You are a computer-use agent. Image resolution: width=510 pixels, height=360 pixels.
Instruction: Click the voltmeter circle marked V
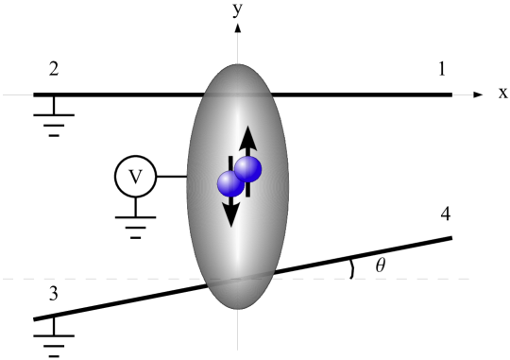pyautogui.click(x=134, y=176)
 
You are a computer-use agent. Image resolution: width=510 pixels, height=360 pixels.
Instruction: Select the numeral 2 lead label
pyautogui.click(x=55, y=70)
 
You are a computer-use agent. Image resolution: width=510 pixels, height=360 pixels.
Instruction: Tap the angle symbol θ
pyautogui.click(x=381, y=266)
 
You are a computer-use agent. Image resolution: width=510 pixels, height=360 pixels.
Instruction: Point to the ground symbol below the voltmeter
pyautogui.click(x=134, y=223)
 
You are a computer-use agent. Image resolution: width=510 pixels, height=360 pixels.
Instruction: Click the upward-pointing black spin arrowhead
pyautogui.click(x=247, y=135)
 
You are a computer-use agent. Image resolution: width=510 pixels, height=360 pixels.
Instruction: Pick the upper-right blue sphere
pyautogui.click(x=248, y=169)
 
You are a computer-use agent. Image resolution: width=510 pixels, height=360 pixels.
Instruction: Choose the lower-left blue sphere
pyautogui.click(x=229, y=183)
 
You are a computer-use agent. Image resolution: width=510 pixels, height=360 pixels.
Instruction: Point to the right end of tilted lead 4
pyautogui.click(x=450, y=237)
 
